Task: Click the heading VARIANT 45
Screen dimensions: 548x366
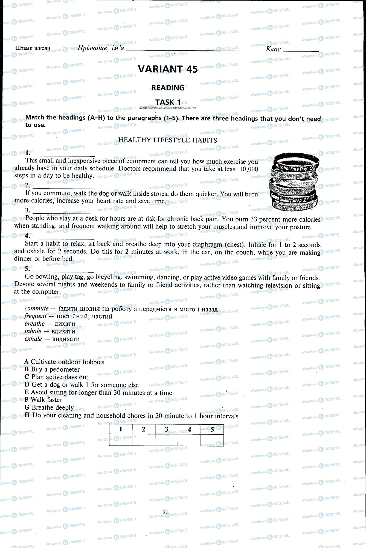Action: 168,69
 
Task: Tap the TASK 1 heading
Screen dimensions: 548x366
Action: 168,102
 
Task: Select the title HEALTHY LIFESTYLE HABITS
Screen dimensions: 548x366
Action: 167,140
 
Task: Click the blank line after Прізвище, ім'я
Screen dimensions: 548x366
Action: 185,50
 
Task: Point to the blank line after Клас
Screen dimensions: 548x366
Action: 301,50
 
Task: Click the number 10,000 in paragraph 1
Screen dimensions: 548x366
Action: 249,169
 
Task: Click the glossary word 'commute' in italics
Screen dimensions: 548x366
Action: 36,309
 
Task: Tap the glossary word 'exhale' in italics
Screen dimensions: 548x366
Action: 33,339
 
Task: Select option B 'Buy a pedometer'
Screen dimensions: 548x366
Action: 52,369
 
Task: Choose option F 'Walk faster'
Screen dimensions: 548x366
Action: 43,400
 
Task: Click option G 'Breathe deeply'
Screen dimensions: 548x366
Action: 49,407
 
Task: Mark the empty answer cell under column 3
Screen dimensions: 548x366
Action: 166,440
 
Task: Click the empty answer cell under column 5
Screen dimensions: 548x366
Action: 212,440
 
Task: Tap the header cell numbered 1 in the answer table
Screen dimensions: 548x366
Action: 121,429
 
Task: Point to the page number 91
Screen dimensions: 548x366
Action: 165,512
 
